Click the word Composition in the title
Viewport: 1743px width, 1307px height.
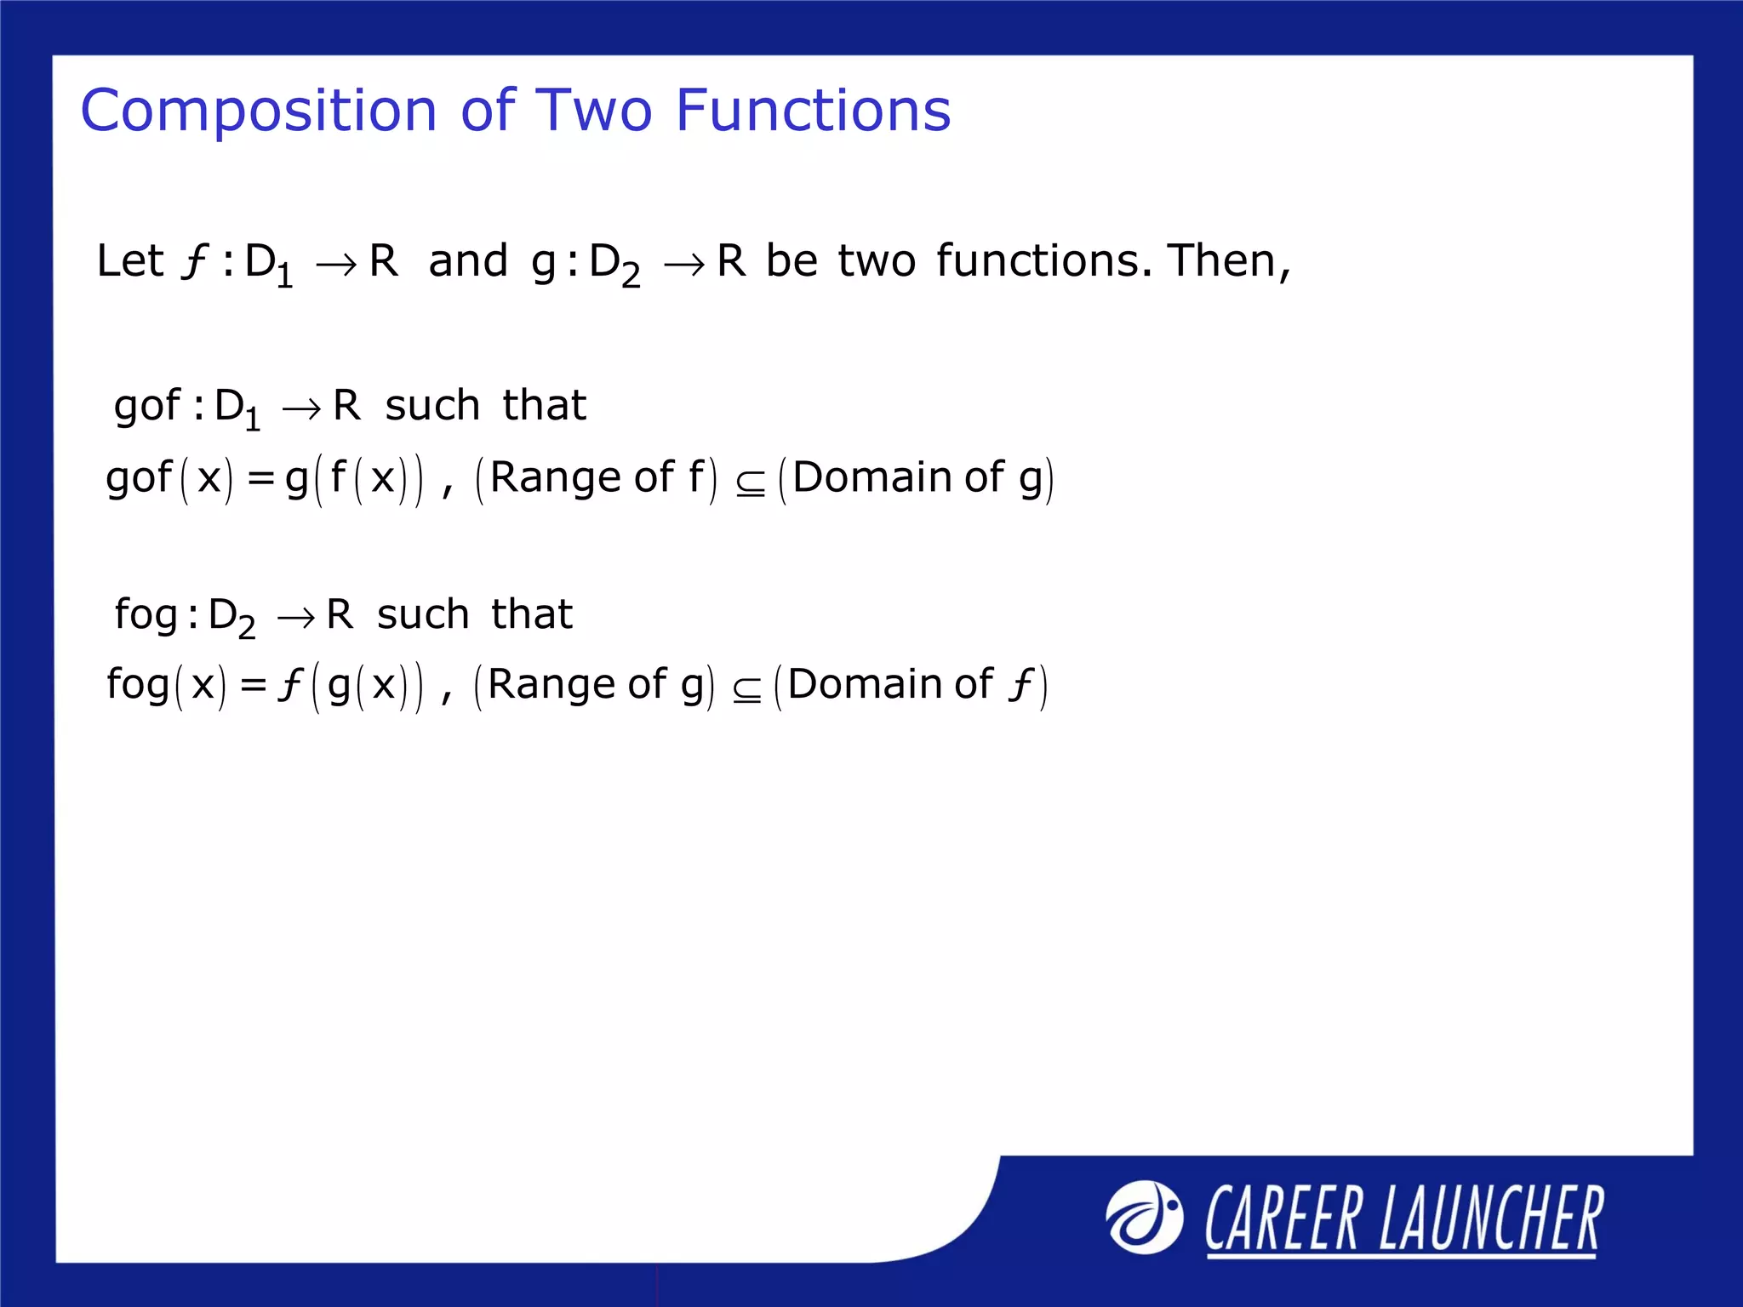click(259, 111)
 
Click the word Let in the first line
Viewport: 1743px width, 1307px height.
click(129, 260)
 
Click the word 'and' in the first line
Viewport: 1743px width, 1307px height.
click(468, 260)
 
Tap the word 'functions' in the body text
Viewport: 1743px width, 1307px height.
click(1038, 260)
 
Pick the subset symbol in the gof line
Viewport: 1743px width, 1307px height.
click(750, 483)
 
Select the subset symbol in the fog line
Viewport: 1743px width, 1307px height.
click(746, 690)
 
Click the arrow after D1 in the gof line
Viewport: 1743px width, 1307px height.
click(301, 410)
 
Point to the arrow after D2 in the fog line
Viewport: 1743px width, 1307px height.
click(295, 618)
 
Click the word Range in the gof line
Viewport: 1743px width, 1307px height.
click(557, 477)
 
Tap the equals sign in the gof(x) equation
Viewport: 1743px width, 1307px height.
click(260, 478)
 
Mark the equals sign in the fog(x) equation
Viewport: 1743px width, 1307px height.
click(254, 685)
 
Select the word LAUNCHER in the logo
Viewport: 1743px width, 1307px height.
click(1491, 1219)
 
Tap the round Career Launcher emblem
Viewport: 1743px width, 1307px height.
click(1144, 1217)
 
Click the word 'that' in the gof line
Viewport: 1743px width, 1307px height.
click(544, 405)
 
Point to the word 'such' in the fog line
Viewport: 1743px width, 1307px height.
click(423, 614)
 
